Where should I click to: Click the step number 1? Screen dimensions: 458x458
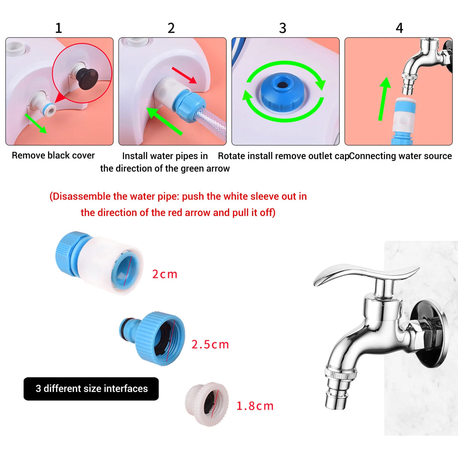58,28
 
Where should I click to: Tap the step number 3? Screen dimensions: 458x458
282,28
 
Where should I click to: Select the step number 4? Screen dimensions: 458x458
399,28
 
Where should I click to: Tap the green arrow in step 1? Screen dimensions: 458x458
35,123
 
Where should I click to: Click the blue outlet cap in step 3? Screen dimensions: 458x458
282,91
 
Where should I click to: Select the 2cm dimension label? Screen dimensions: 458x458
164,274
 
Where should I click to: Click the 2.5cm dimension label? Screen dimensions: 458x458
210,345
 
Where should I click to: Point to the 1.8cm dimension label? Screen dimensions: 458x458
255,406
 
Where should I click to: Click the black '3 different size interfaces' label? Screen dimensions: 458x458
91,389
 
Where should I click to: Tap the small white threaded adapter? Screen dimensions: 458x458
206,405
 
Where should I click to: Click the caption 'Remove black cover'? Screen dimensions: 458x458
53,155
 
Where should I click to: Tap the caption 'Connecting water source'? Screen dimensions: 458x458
401,156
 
